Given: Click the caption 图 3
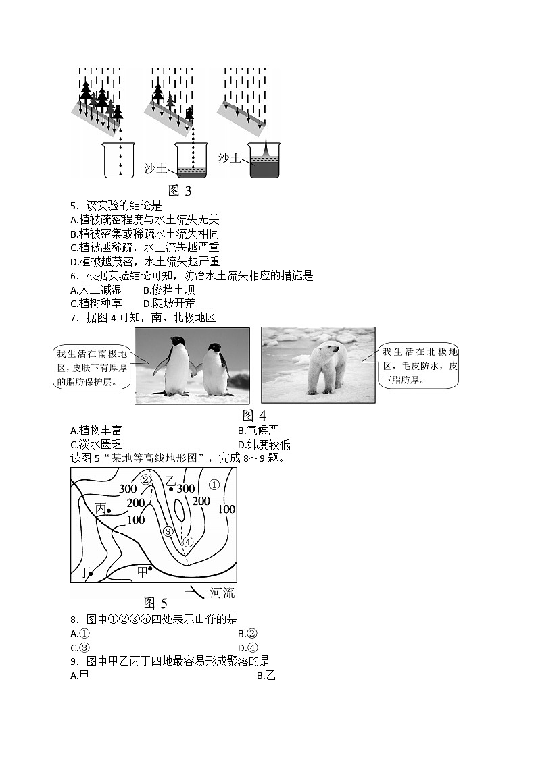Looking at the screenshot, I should [x=179, y=191].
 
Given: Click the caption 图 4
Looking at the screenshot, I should [x=254, y=415].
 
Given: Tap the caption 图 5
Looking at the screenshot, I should [x=155, y=603].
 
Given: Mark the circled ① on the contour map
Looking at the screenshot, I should [x=214, y=484].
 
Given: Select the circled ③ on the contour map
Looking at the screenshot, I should [x=169, y=531].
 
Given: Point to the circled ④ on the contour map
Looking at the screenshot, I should [x=188, y=541].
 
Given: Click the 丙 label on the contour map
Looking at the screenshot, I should [x=101, y=509].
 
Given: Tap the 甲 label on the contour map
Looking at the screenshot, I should [x=142, y=571].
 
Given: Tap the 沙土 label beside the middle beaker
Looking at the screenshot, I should [x=155, y=168].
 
